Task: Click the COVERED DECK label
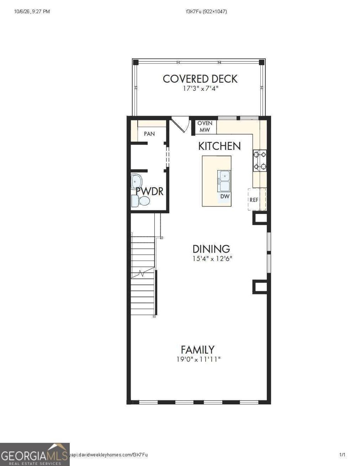tap(200, 79)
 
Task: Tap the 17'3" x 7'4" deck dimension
tap(200, 89)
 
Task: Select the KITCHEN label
tap(219, 146)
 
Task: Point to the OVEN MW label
tap(205, 126)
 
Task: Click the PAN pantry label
tap(149, 134)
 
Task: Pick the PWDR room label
tap(150, 191)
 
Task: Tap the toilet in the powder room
tap(140, 201)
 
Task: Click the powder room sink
tap(136, 181)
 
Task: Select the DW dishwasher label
tap(225, 196)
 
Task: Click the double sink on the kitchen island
tap(224, 181)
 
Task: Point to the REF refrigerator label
tap(254, 200)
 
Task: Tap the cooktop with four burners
tap(260, 160)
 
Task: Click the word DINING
tap(211, 249)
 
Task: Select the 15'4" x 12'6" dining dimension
tap(212, 259)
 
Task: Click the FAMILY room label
tap(197, 349)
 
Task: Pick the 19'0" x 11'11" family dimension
tap(198, 359)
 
